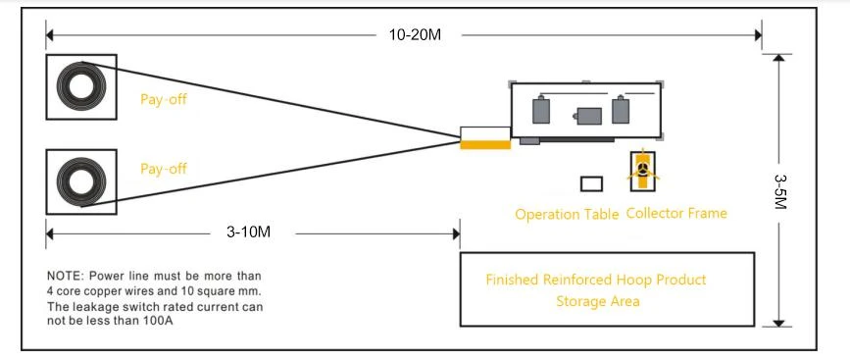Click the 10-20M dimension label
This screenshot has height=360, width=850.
coord(415,34)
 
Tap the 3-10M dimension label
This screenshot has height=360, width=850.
coord(248,232)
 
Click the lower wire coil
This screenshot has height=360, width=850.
coord(81,181)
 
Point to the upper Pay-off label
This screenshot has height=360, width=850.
coord(164,100)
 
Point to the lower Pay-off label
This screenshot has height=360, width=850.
coord(164,169)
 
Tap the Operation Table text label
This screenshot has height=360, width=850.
coord(567,215)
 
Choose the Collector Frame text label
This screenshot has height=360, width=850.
coord(676,213)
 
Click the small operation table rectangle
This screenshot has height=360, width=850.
coord(591,183)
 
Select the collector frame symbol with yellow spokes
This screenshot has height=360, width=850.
coord(642,171)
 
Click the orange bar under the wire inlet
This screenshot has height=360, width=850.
coord(485,145)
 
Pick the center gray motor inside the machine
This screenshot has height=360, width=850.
coord(588,116)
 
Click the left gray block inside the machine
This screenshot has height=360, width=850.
coord(541,110)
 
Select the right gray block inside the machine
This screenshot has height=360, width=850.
coord(621,110)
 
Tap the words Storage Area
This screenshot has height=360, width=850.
coord(597,301)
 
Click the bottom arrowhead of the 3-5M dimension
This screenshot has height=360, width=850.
coord(778,323)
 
